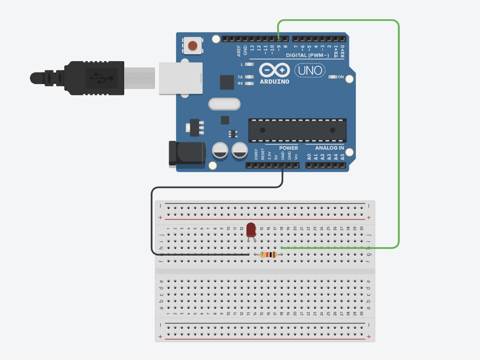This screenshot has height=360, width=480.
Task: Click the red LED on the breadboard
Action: [x=251, y=229]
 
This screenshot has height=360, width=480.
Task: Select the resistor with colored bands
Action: [x=268, y=255]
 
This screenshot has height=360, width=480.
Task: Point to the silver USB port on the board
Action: [x=181, y=78]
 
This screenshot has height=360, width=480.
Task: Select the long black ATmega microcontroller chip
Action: [x=297, y=130]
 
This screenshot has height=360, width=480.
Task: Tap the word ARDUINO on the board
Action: [x=275, y=82]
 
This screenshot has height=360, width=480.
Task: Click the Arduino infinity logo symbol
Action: [x=274, y=71]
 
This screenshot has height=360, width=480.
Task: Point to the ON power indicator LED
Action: [x=333, y=77]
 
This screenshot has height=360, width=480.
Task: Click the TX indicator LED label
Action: [x=240, y=77]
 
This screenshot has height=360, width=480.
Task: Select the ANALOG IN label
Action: [x=329, y=148]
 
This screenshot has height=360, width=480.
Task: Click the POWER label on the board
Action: [x=288, y=148]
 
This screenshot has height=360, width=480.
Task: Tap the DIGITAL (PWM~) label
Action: [x=307, y=55]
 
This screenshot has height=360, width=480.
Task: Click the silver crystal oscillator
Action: [x=224, y=104]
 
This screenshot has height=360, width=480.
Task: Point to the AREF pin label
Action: [x=239, y=50]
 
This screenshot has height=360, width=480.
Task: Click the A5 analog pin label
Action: [x=343, y=157]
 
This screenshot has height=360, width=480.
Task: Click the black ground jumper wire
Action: [x=152, y=223]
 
